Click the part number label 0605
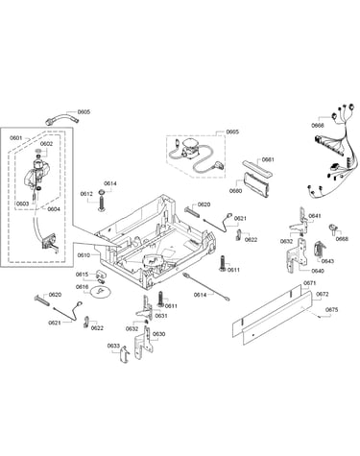(84, 112)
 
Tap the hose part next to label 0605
(62, 119)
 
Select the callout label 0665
(232, 132)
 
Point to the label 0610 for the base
(84, 255)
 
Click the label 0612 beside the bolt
(86, 194)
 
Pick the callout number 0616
(82, 287)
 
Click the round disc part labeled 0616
(101, 292)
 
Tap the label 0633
(113, 346)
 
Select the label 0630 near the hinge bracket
(159, 334)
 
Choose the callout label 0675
(332, 310)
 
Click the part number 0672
(323, 294)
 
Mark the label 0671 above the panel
(309, 283)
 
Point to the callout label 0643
(327, 261)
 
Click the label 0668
(342, 239)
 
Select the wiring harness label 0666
(318, 126)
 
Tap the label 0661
(268, 159)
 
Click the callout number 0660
(235, 191)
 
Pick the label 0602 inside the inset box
(46, 144)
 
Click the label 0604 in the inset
(54, 209)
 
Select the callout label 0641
(315, 216)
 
